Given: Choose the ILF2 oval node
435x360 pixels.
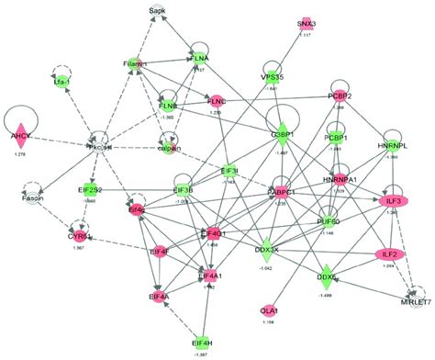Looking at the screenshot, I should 387,253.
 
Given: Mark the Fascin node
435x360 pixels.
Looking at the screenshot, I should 24,195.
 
